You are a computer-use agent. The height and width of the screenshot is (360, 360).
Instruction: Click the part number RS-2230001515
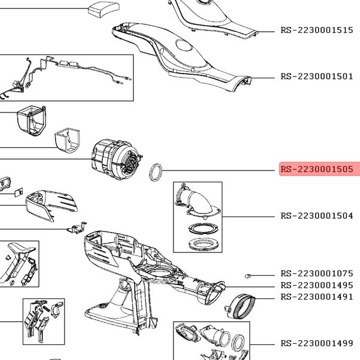(316, 30)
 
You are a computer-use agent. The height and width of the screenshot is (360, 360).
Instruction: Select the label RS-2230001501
(316, 76)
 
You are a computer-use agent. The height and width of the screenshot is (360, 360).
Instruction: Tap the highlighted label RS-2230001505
(316, 169)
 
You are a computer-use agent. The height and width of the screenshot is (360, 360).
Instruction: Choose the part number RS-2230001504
(316, 216)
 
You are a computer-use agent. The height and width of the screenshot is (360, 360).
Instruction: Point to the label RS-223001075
(316, 273)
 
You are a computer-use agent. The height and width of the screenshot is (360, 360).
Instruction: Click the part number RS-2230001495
(316, 285)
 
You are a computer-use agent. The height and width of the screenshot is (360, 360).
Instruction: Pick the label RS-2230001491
(316, 297)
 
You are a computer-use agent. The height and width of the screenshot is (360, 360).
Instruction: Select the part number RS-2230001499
(316, 343)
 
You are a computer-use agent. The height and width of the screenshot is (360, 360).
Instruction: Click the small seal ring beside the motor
(155, 172)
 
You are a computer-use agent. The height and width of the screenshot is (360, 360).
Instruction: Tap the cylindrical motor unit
(117, 159)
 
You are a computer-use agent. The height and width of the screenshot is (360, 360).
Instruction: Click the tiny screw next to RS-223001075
(248, 276)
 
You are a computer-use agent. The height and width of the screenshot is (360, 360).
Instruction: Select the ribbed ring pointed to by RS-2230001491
(240, 306)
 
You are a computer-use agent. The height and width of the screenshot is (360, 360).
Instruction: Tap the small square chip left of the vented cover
(19, 193)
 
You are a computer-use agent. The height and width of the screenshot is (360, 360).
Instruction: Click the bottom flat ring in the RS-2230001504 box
(203, 244)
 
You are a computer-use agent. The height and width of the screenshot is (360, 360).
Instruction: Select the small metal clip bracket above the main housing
(77, 227)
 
